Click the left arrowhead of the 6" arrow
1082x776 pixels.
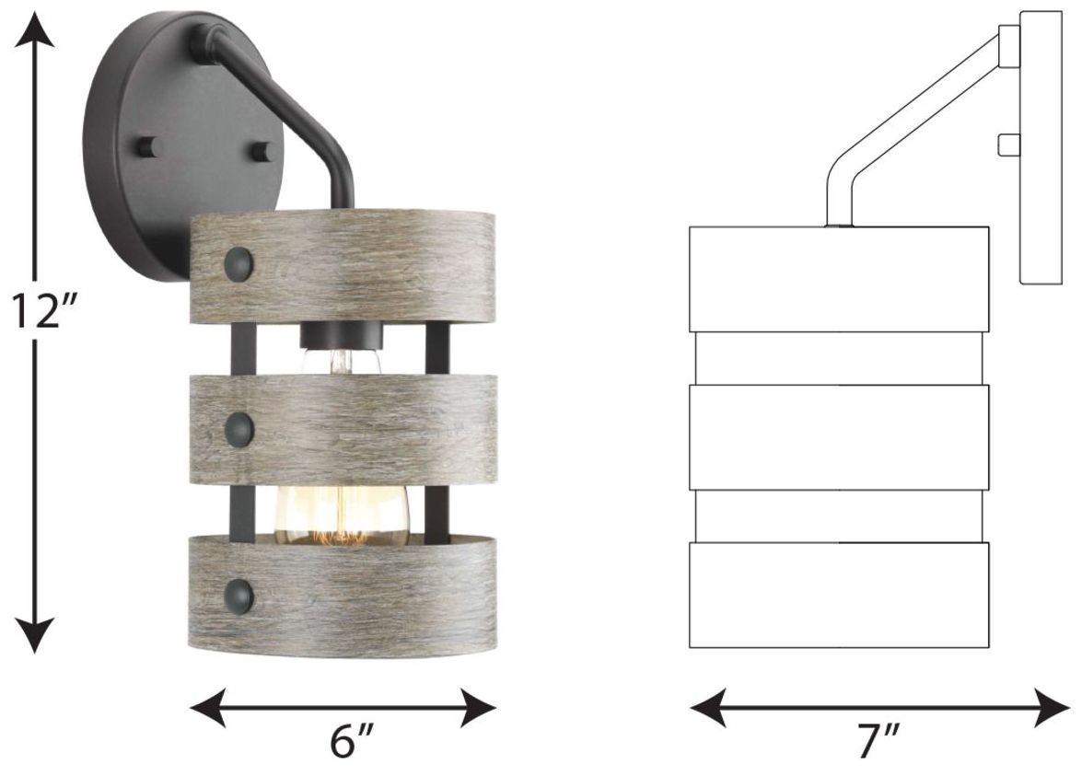(x=208, y=707)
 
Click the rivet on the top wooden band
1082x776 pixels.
(x=239, y=263)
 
